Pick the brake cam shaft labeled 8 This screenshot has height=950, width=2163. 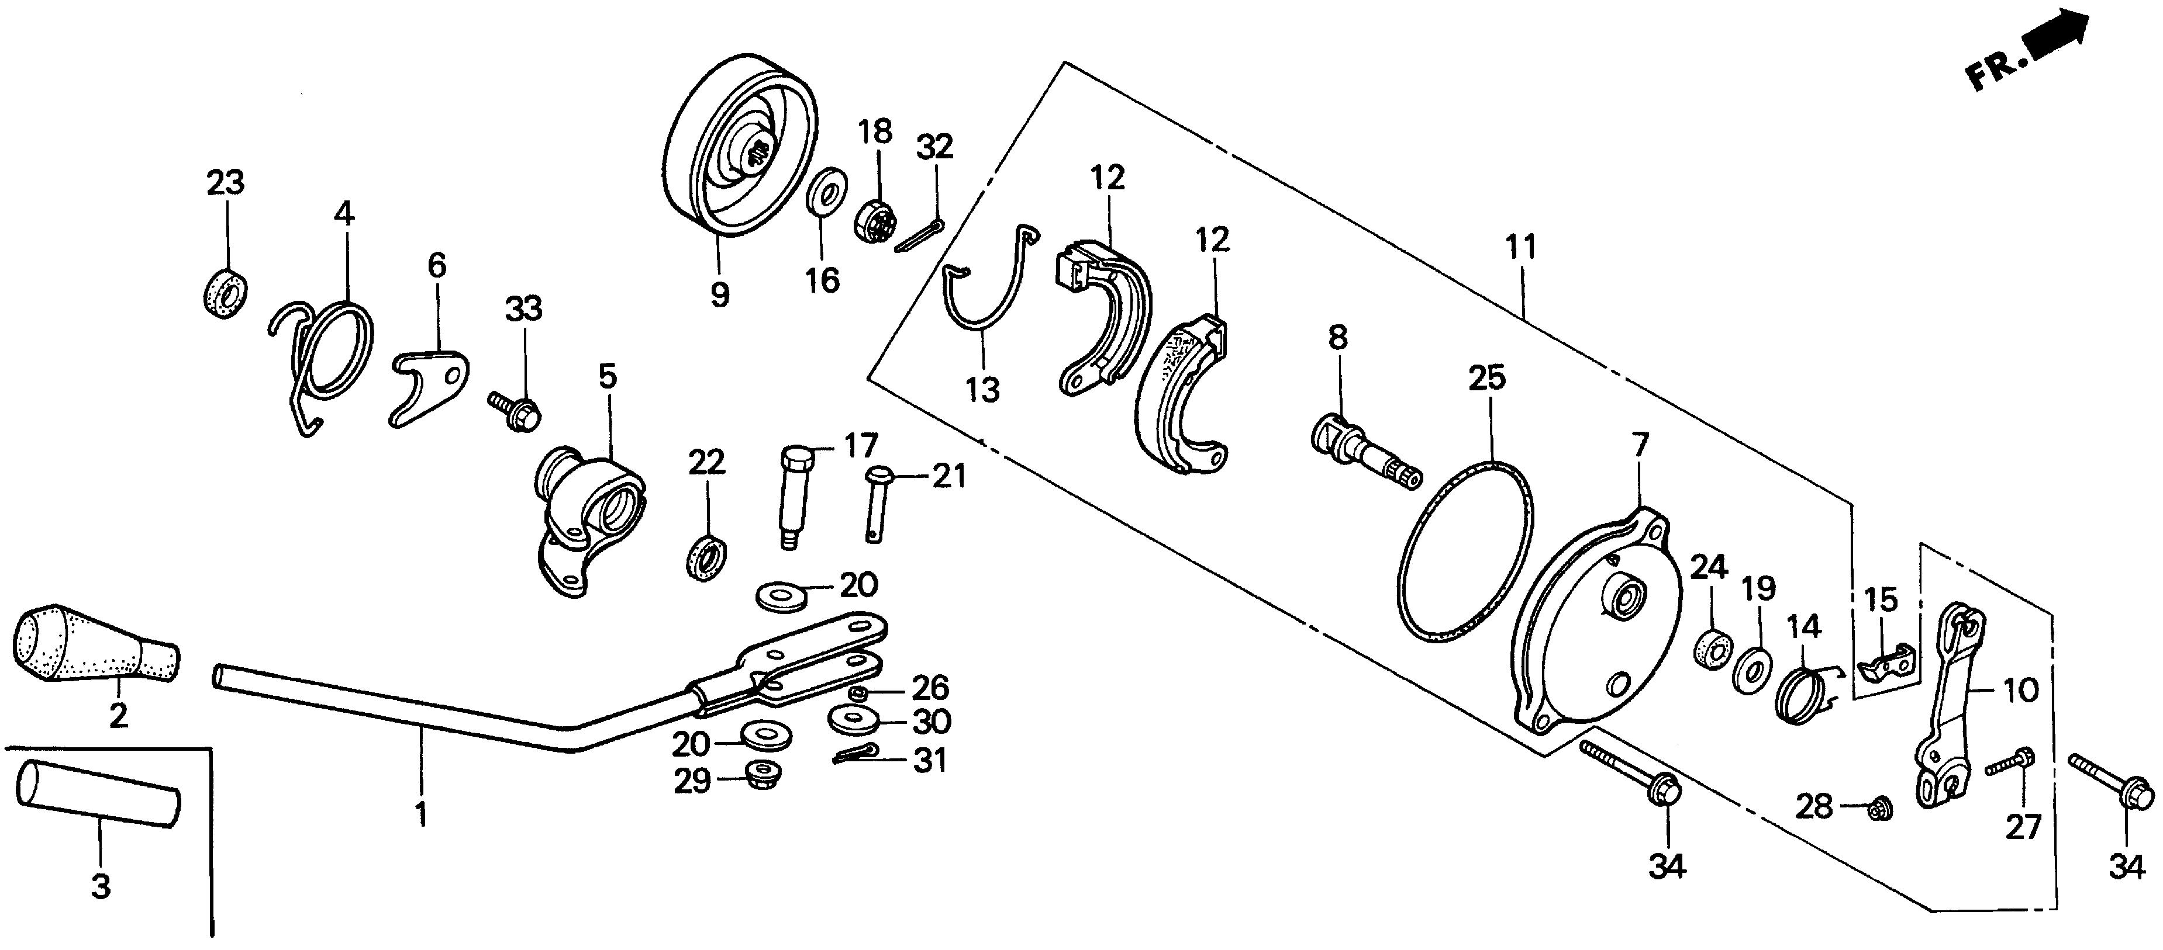[x=1364, y=453]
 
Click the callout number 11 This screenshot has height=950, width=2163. [x=1521, y=248]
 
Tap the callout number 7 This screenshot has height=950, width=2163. [x=1640, y=445]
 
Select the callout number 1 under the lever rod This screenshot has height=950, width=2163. [x=420, y=814]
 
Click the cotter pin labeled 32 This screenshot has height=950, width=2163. [x=919, y=235]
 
